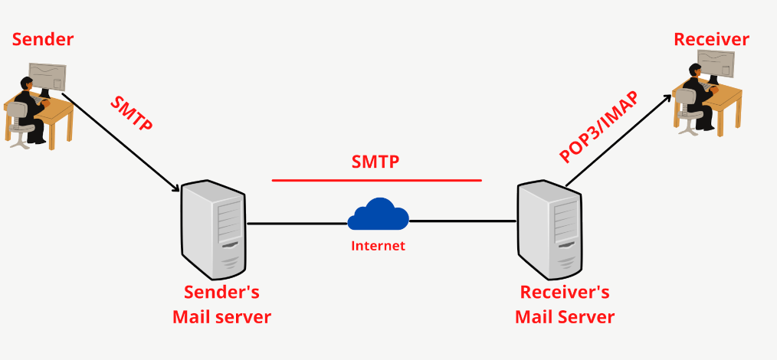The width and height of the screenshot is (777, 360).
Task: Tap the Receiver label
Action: click(711, 39)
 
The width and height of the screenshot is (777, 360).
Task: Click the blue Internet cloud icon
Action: click(377, 214)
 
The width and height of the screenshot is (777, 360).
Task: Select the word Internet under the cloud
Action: click(377, 246)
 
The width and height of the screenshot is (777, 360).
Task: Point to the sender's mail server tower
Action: click(214, 230)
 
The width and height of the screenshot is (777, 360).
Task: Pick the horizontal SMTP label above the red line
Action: click(376, 162)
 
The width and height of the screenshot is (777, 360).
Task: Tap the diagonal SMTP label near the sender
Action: click(132, 113)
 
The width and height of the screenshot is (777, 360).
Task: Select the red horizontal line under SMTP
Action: click(376, 181)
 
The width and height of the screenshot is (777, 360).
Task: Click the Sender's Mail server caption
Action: click(221, 304)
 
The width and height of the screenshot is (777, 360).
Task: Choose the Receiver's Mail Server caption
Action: click(565, 304)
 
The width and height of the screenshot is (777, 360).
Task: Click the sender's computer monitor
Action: click(48, 77)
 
